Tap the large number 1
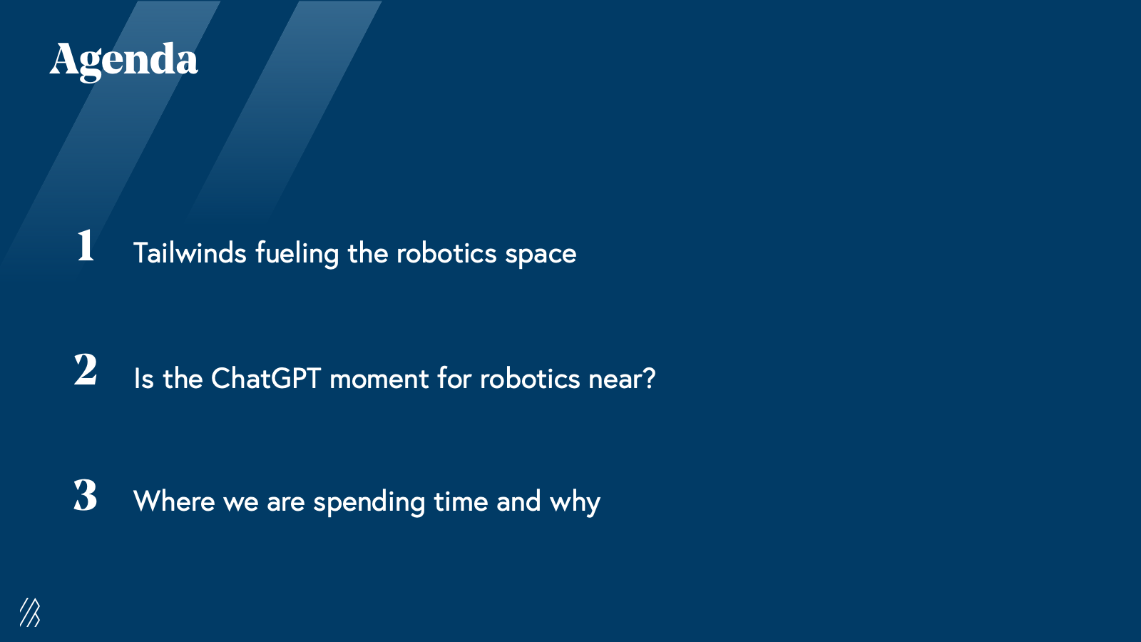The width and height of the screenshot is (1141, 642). (86, 245)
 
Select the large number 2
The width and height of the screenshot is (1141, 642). (85, 370)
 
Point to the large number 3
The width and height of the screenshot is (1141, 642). (85, 495)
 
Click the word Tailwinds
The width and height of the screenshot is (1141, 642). (190, 253)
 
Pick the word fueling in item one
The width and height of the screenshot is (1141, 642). (297, 254)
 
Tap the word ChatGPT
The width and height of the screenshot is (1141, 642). (265, 378)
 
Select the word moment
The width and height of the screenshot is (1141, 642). (379, 380)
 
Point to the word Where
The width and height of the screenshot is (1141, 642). (174, 501)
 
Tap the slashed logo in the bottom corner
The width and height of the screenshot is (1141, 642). (30, 612)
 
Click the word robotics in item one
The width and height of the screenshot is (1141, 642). (446, 253)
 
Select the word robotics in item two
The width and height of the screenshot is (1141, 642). (530, 378)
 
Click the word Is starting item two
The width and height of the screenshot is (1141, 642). (143, 378)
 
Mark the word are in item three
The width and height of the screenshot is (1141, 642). (286, 504)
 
